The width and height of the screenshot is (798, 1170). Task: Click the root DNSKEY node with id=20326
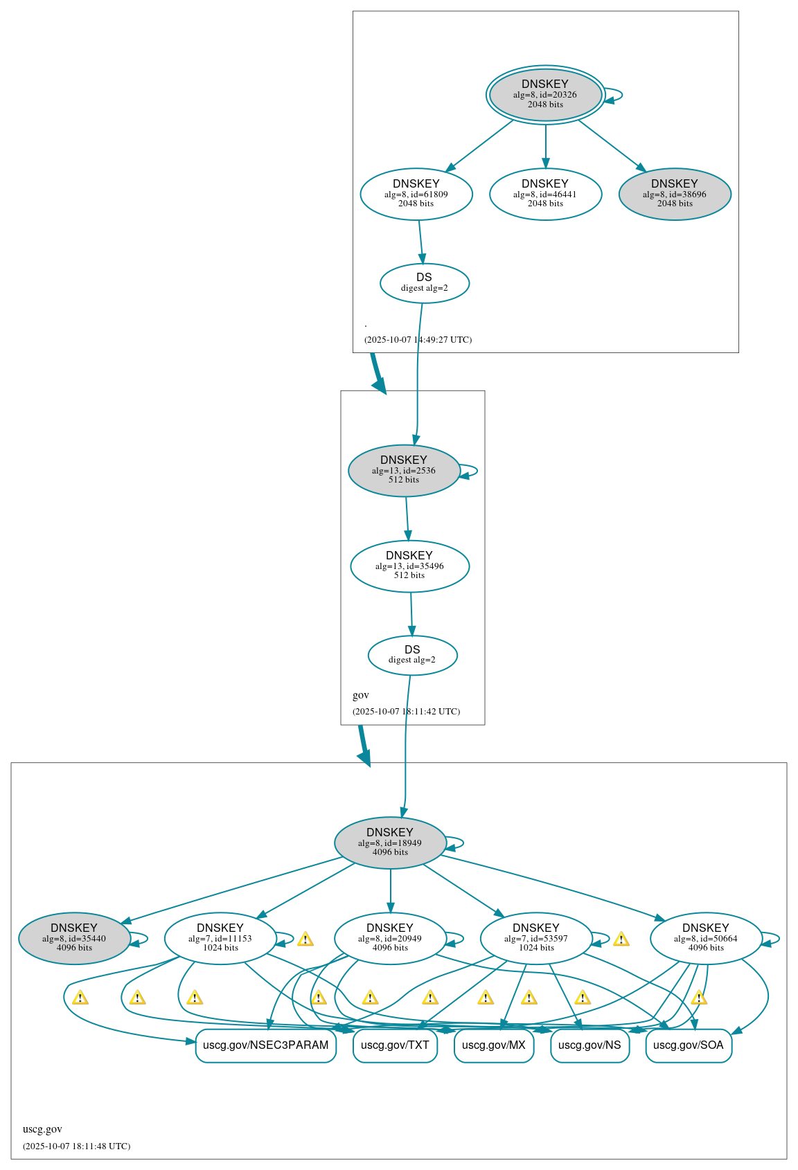point(545,95)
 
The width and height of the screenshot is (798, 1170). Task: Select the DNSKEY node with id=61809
point(416,194)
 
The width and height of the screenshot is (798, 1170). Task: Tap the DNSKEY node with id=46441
point(545,194)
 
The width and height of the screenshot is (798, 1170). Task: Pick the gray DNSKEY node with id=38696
point(675,194)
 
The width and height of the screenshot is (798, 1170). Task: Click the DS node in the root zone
point(425,282)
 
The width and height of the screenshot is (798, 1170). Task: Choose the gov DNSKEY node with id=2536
point(404,470)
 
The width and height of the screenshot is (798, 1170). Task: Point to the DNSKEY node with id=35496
point(409,566)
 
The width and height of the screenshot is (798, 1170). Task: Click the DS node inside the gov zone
point(412,655)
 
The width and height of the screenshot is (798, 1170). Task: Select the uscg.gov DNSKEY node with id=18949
point(390,843)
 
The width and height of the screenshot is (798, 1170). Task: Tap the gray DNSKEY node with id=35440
point(74,938)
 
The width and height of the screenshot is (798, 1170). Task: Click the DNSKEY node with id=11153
point(220,938)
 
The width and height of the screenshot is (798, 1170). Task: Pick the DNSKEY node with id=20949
point(390,938)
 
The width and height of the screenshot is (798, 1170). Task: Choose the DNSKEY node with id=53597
point(536,938)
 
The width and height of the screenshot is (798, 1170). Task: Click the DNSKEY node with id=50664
point(706,938)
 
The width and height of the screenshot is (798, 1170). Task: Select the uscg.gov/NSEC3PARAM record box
point(266,1045)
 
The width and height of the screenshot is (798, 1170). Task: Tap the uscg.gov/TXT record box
point(395,1045)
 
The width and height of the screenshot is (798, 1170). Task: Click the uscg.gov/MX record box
point(494,1045)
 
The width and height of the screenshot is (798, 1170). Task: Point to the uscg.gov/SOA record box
point(688,1045)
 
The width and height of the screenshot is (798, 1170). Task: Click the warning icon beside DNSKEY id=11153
point(305,939)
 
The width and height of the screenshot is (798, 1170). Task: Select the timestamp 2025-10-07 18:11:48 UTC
point(76,1146)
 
